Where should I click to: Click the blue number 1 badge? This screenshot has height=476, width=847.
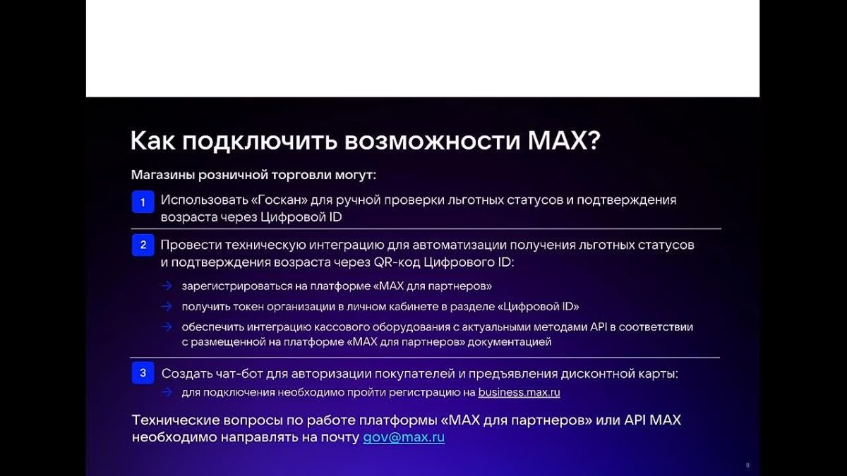pyautogui.click(x=143, y=202)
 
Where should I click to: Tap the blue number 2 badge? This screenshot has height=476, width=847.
pyautogui.click(x=143, y=245)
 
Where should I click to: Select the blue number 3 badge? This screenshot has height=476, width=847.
pyautogui.click(x=143, y=373)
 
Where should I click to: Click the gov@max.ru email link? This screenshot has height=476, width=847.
pyautogui.click(x=404, y=437)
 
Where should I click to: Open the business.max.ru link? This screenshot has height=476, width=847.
pyautogui.click(x=519, y=393)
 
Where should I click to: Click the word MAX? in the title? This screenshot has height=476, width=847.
pyautogui.click(x=564, y=141)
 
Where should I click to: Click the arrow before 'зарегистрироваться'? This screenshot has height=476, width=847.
pyautogui.click(x=167, y=286)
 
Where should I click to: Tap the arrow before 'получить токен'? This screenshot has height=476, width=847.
pyautogui.click(x=167, y=306)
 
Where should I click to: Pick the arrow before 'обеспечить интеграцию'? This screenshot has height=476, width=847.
pyautogui.click(x=167, y=327)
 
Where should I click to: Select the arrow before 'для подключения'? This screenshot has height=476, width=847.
pyautogui.click(x=167, y=393)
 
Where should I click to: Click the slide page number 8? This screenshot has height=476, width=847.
pyautogui.click(x=747, y=465)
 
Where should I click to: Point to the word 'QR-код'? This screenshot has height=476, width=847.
pyautogui.click(x=397, y=262)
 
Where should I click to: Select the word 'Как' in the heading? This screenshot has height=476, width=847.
pyautogui.click(x=152, y=141)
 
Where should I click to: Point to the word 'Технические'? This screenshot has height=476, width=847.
pyautogui.click(x=176, y=420)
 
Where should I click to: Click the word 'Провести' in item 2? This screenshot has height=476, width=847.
pyautogui.click(x=191, y=245)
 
